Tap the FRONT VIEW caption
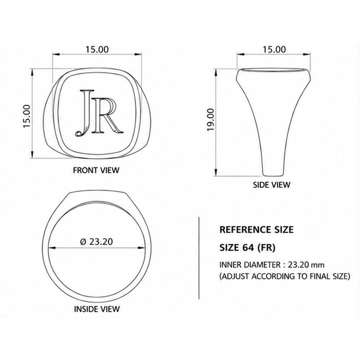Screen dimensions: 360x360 click(96, 170)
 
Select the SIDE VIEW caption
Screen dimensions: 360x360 click(272, 185)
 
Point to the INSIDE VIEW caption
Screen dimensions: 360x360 click(97, 309)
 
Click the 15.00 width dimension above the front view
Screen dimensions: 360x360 click(97, 49)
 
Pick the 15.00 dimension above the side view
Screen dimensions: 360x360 click(274, 49)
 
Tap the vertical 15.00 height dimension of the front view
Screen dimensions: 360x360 click(27, 116)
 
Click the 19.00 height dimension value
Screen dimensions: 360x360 click(210, 120)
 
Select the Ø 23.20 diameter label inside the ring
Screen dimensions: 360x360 click(97, 242)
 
